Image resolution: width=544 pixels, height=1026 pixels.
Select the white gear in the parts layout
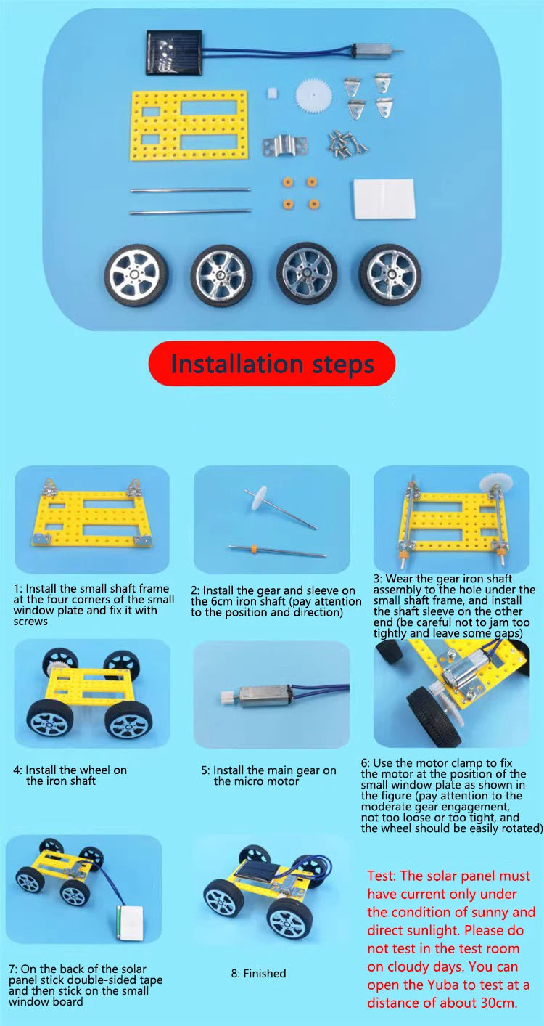tap(313, 96)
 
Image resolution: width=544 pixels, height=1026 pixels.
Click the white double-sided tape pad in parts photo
tap(384, 199)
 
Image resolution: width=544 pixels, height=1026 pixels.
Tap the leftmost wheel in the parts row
tap(136, 276)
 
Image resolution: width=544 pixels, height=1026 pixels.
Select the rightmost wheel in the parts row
tap(390, 274)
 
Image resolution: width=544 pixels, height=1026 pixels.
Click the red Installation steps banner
tap(272, 363)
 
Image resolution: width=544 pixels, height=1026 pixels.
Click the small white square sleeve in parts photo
tap(273, 92)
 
